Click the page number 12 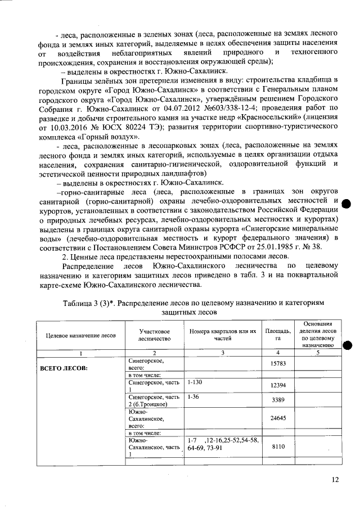pyautogui.click(x=335, y=479)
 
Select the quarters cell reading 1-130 pyautogui.click(x=196, y=381)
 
